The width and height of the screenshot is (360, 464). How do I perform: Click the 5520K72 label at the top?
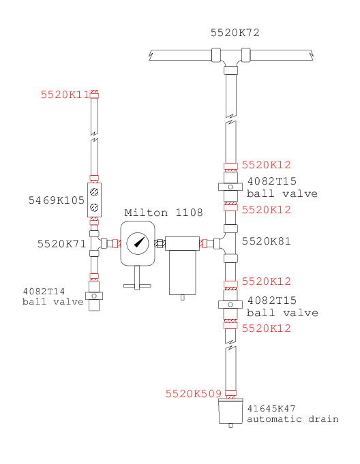(x=235, y=33)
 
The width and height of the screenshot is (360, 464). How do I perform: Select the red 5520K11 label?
(x=65, y=95)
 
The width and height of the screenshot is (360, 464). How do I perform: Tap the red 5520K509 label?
(x=194, y=394)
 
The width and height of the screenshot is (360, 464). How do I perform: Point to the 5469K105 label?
(x=56, y=200)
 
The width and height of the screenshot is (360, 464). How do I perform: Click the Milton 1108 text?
(x=164, y=213)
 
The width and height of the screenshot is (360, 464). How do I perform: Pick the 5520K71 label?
(x=61, y=244)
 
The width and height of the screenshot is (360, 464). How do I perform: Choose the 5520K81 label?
(x=266, y=241)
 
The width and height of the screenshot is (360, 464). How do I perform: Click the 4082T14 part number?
(x=44, y=292)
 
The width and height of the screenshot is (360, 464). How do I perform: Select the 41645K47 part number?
(x=271, y=409)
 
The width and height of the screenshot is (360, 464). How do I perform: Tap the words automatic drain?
(x=292, y=419)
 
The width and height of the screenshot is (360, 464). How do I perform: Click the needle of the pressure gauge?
(x=140, y=242)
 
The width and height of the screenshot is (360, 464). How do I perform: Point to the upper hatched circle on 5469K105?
(x=94, y=191)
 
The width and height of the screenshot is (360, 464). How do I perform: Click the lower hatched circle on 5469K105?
(x=94, y=208)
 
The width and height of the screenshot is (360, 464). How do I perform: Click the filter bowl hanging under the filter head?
(x=182, y=273)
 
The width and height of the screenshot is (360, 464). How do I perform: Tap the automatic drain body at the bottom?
(x=230, y=411)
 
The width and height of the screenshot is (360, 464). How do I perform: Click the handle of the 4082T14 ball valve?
(x=94, y=296)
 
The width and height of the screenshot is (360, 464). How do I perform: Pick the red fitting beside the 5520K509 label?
(x=230, y=395)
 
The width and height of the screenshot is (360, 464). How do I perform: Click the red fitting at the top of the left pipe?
(x=95, y=94)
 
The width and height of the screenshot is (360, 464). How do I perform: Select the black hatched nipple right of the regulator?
(x=160, y=243)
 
